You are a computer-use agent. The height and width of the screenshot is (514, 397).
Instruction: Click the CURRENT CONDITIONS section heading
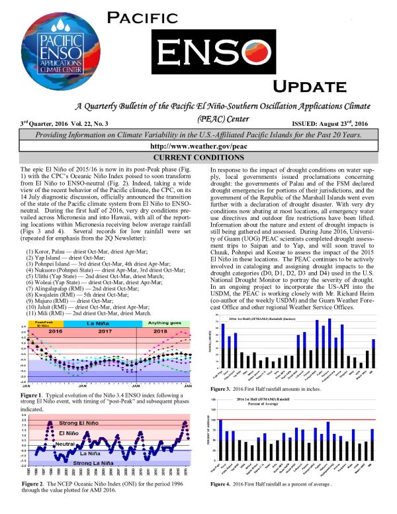point(198,157)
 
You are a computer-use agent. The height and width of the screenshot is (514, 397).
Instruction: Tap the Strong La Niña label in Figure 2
point(95,462)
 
